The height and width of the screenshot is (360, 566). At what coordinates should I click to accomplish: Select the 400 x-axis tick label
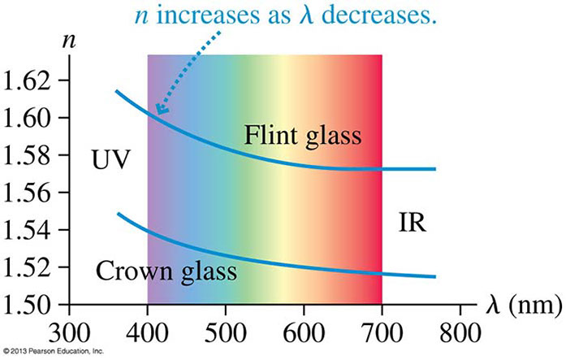point(147,332)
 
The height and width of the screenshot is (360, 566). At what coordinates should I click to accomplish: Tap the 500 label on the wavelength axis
point(226,332)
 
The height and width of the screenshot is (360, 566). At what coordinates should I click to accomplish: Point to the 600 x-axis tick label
point(304,332)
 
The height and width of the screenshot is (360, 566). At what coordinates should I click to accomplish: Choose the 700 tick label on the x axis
point(382,332)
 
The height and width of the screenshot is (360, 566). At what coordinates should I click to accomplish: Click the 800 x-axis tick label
point(460,332)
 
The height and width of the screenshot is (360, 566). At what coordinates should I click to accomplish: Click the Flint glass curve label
point(302,136)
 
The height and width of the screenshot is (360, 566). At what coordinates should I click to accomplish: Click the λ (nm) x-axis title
point(521,308)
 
